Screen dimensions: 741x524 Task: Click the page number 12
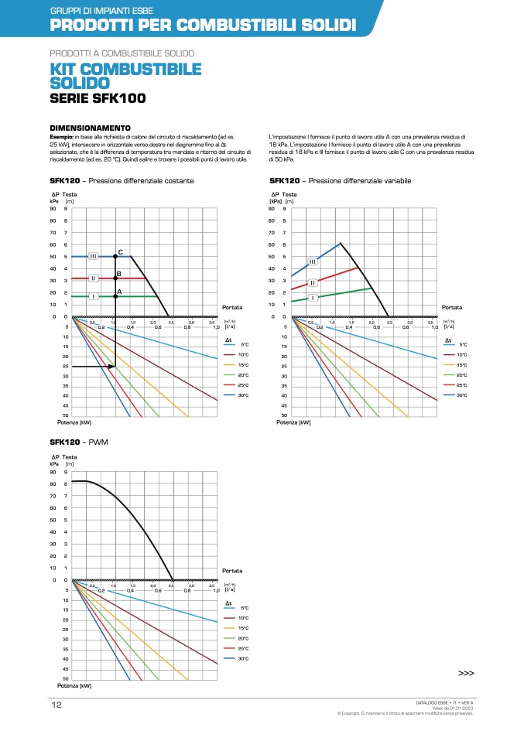(57, 705)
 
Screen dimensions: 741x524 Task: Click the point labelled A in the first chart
(115, 295)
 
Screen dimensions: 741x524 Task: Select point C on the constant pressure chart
(115, 255)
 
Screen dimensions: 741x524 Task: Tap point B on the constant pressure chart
(115, 278)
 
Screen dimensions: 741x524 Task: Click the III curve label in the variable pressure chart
(313, 261)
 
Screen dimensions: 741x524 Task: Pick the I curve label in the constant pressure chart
(93, 296)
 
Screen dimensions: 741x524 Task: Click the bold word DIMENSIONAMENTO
(90, 128)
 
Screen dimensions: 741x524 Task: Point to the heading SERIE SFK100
(97, 98)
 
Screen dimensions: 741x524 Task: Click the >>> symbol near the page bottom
(466, 674)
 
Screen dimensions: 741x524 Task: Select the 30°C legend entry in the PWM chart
(242, 658)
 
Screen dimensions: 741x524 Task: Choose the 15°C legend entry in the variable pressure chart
(462, 364)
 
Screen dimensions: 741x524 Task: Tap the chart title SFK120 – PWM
(77, 442)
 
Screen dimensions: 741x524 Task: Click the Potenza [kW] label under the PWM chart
(74, 685)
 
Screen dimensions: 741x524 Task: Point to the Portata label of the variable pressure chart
(451, 307)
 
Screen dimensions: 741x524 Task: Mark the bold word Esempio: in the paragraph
(61, 136)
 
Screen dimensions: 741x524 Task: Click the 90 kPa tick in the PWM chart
(53, 472)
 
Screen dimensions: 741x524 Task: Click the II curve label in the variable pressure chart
(313, 283)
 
